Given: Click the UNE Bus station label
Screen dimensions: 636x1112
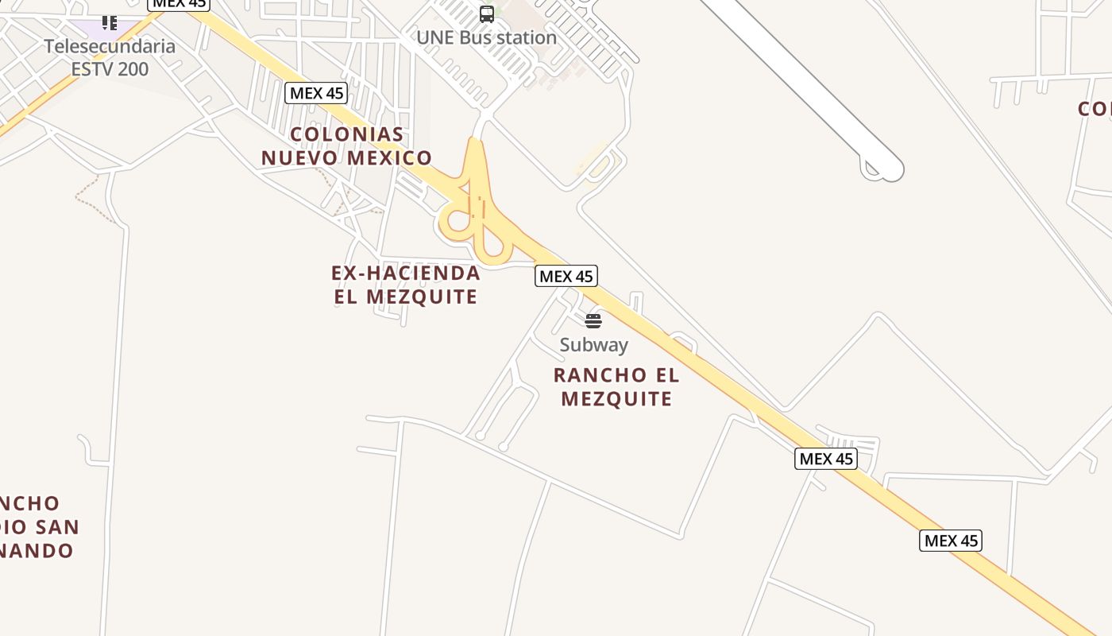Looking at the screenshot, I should [486, 37].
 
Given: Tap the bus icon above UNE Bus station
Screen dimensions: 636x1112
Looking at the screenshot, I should [486, 14].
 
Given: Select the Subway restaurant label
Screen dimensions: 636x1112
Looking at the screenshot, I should [593, 345].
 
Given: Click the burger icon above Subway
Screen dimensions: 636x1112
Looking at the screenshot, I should [593, 321].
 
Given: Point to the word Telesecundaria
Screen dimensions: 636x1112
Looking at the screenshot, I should [110, 46].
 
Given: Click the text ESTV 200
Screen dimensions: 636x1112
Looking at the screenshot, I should [110, 69].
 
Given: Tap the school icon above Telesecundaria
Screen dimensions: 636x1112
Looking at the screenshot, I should [110, 22].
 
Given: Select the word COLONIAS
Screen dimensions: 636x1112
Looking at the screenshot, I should [347, 134].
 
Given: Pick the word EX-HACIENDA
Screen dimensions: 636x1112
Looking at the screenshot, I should [406, 273].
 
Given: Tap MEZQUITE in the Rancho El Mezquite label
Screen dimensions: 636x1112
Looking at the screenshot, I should [616, 398].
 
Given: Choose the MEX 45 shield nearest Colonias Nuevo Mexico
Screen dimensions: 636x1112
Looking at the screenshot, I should [316, 93].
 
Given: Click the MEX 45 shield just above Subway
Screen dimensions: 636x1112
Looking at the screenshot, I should [566, 276].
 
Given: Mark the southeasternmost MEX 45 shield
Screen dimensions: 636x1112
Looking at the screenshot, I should [951, 541].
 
